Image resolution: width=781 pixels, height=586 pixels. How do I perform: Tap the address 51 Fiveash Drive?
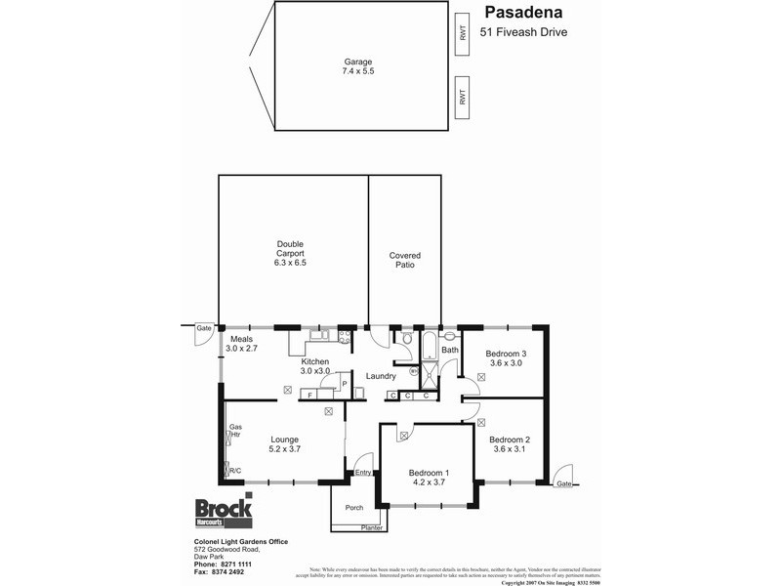pos(523,32)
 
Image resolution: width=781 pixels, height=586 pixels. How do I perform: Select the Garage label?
pos(357,62)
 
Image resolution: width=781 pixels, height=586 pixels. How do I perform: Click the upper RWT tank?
pos(462,34)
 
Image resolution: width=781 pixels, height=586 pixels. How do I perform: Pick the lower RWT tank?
pos(462,98)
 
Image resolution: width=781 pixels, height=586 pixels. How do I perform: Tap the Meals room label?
pos(241,339)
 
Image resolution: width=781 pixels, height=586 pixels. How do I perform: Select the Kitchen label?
pos(314,362)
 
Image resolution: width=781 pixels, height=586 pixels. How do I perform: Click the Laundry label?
pos(380,376)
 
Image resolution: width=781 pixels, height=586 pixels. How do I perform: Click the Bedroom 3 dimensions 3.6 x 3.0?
pos(506,363)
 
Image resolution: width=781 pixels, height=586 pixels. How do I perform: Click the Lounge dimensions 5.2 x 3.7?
pos(285,451)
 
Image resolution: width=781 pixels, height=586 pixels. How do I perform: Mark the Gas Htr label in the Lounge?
pos(234,433)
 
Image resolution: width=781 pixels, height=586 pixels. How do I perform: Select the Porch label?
pos(353,507)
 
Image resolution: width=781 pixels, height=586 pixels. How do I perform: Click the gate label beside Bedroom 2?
pos(563,483)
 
